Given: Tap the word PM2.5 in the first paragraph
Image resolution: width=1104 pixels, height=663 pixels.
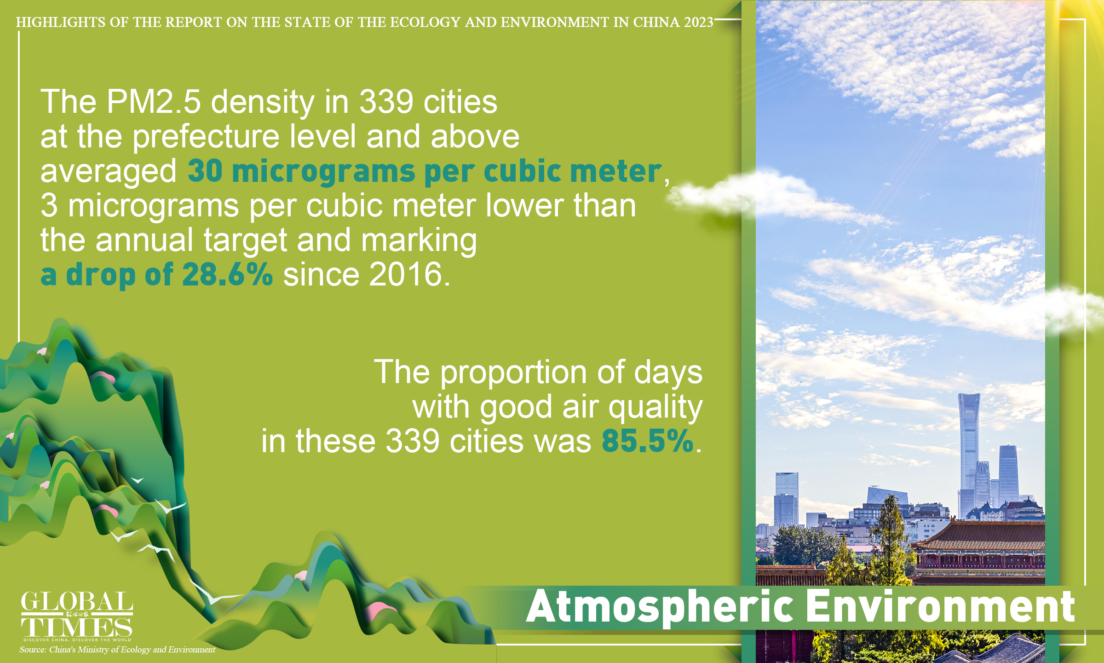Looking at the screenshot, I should point(154,102).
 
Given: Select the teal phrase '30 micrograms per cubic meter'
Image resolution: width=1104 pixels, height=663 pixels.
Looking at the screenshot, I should point(424,171).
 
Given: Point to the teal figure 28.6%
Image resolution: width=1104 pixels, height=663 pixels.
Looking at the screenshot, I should point(227,275).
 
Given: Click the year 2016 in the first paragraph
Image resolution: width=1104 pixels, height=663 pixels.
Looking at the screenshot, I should point(405,275).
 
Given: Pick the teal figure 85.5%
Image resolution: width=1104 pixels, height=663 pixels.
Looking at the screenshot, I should point(647,441).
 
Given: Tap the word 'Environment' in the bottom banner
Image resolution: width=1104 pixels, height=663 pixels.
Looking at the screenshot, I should point(940,607).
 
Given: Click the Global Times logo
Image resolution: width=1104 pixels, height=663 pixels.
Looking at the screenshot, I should point(77,615).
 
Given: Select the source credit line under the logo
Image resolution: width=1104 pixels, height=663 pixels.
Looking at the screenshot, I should point(117,650).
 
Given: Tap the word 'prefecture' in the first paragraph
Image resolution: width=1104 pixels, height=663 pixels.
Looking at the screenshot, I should point(206,137).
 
